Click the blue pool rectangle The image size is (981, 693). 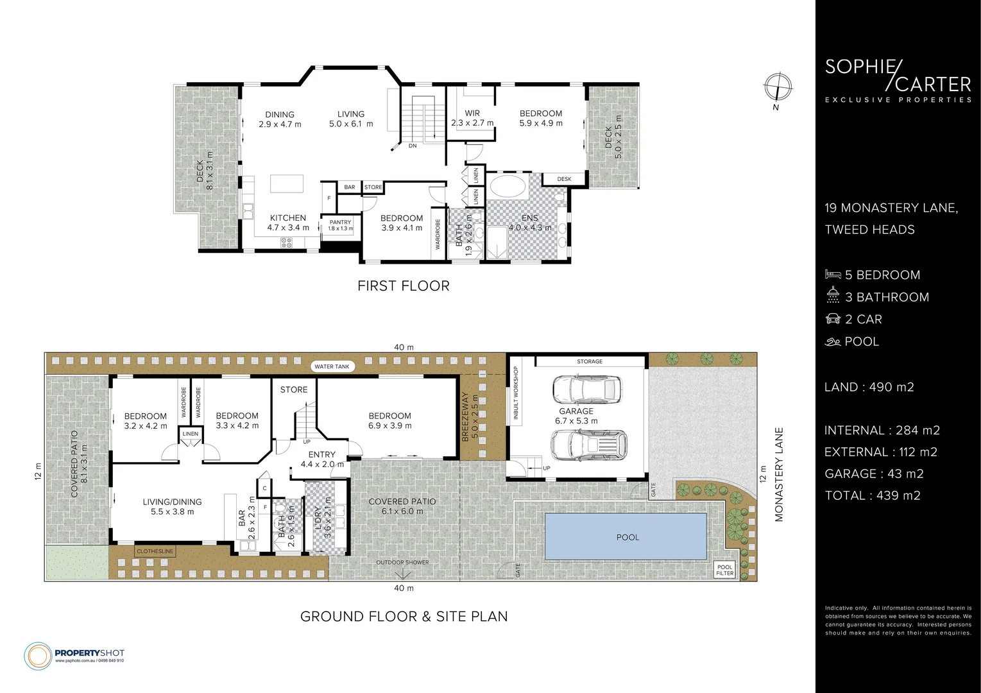tap(626, 536)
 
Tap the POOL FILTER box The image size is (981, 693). tap(724, 570)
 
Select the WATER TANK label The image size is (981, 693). tap(332, 367)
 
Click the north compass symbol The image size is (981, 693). tap(778, 87)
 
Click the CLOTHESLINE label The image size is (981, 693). tap(155, 551)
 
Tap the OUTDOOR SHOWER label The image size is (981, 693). tap(402, 563)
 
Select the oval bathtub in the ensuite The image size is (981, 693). tap(508, 189)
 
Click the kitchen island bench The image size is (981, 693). tap(288, 184)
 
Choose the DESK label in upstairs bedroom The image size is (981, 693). tap(564, 179)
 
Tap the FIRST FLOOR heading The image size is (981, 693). tap(403, 286)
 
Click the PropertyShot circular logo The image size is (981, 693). tap(38, 655)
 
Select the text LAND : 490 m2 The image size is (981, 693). tap(869, 387)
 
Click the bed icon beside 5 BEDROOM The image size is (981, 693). tap(832, 275)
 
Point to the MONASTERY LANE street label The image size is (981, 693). tap(779, 474)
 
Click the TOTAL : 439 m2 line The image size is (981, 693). tap(872, 495)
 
